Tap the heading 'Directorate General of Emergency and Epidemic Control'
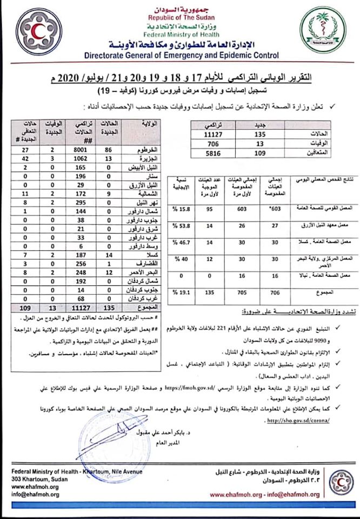point(181,55)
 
